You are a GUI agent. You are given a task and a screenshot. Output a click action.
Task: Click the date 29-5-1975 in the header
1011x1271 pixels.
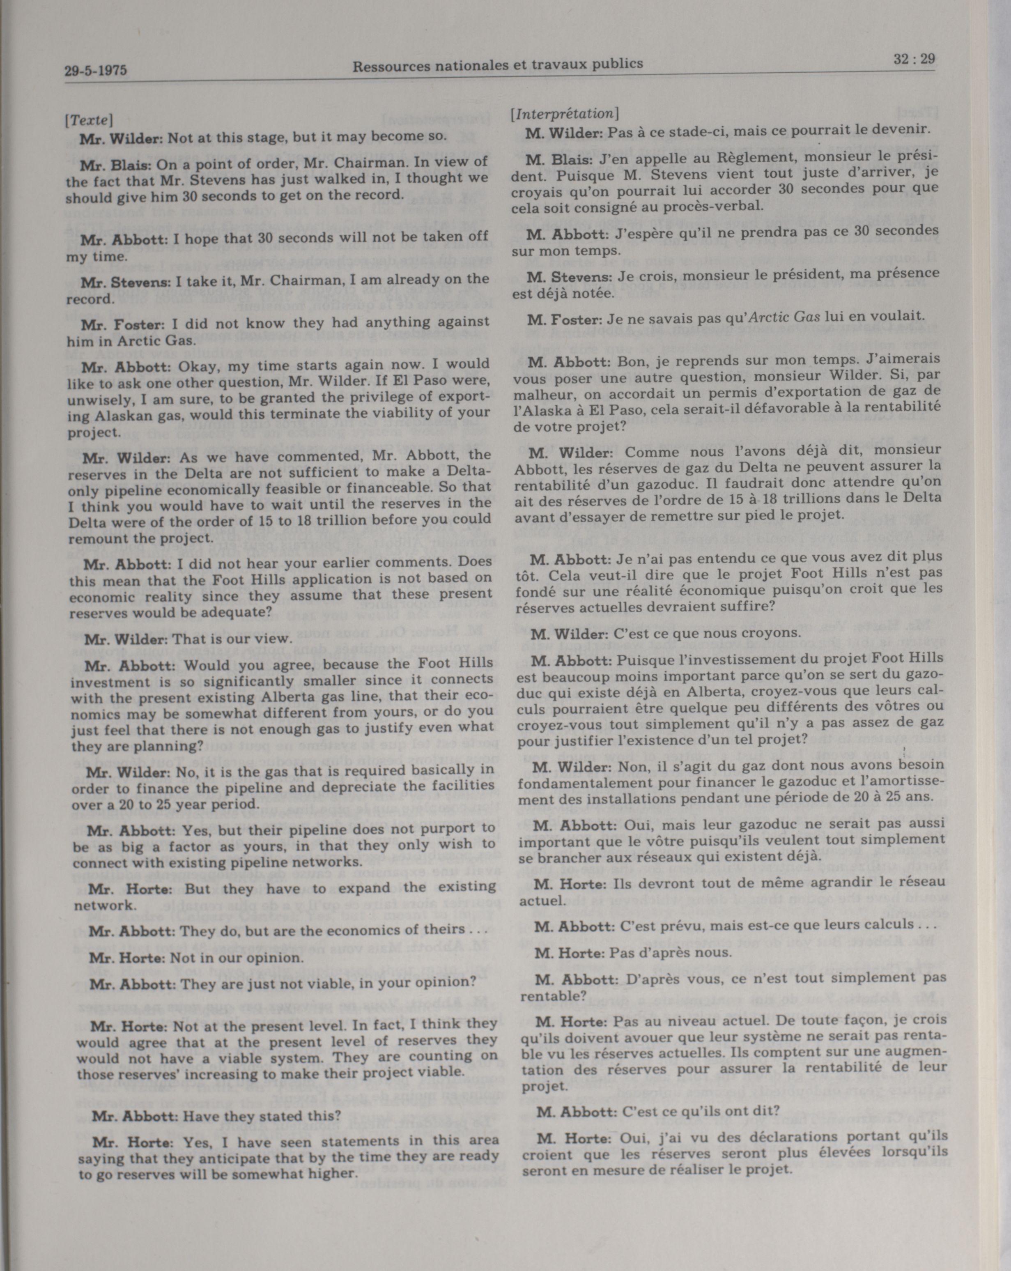tap(96, 71)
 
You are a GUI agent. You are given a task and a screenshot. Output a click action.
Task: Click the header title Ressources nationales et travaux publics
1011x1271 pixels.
tap(498, 65)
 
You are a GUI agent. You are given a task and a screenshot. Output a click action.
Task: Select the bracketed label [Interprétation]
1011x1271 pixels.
tap(564, 113)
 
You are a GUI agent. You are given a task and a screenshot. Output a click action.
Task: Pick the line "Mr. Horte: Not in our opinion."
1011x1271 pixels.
tap(196, 958)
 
